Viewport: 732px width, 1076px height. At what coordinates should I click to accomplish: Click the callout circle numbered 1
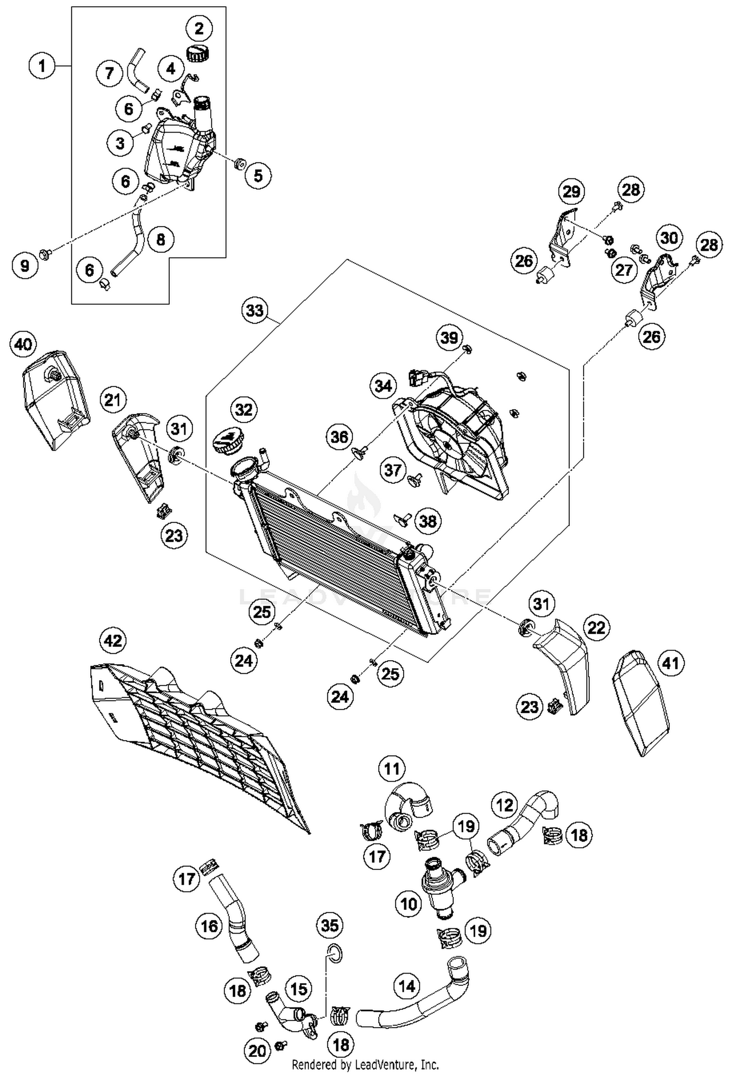pyautogui.click(x=42, y=65)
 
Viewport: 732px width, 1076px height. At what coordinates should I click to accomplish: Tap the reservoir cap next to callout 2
pyautogui.click(x=197, y=52)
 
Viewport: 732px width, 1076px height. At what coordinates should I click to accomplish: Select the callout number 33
pyautogui.click(x=255, y=310)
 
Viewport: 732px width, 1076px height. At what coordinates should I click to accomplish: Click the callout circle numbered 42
pyautogui.click(x=113, y=640)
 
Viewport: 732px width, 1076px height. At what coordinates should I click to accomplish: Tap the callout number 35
pyautogui.click(x=330, y=925)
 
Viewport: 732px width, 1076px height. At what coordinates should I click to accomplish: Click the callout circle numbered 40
pyautogui.click(x=23, y=345)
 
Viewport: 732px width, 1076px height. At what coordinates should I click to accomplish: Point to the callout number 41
pyautogui.click(x=671, y=663)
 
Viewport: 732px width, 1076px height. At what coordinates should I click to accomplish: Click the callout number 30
pyautogui.click(x=669, y=238)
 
